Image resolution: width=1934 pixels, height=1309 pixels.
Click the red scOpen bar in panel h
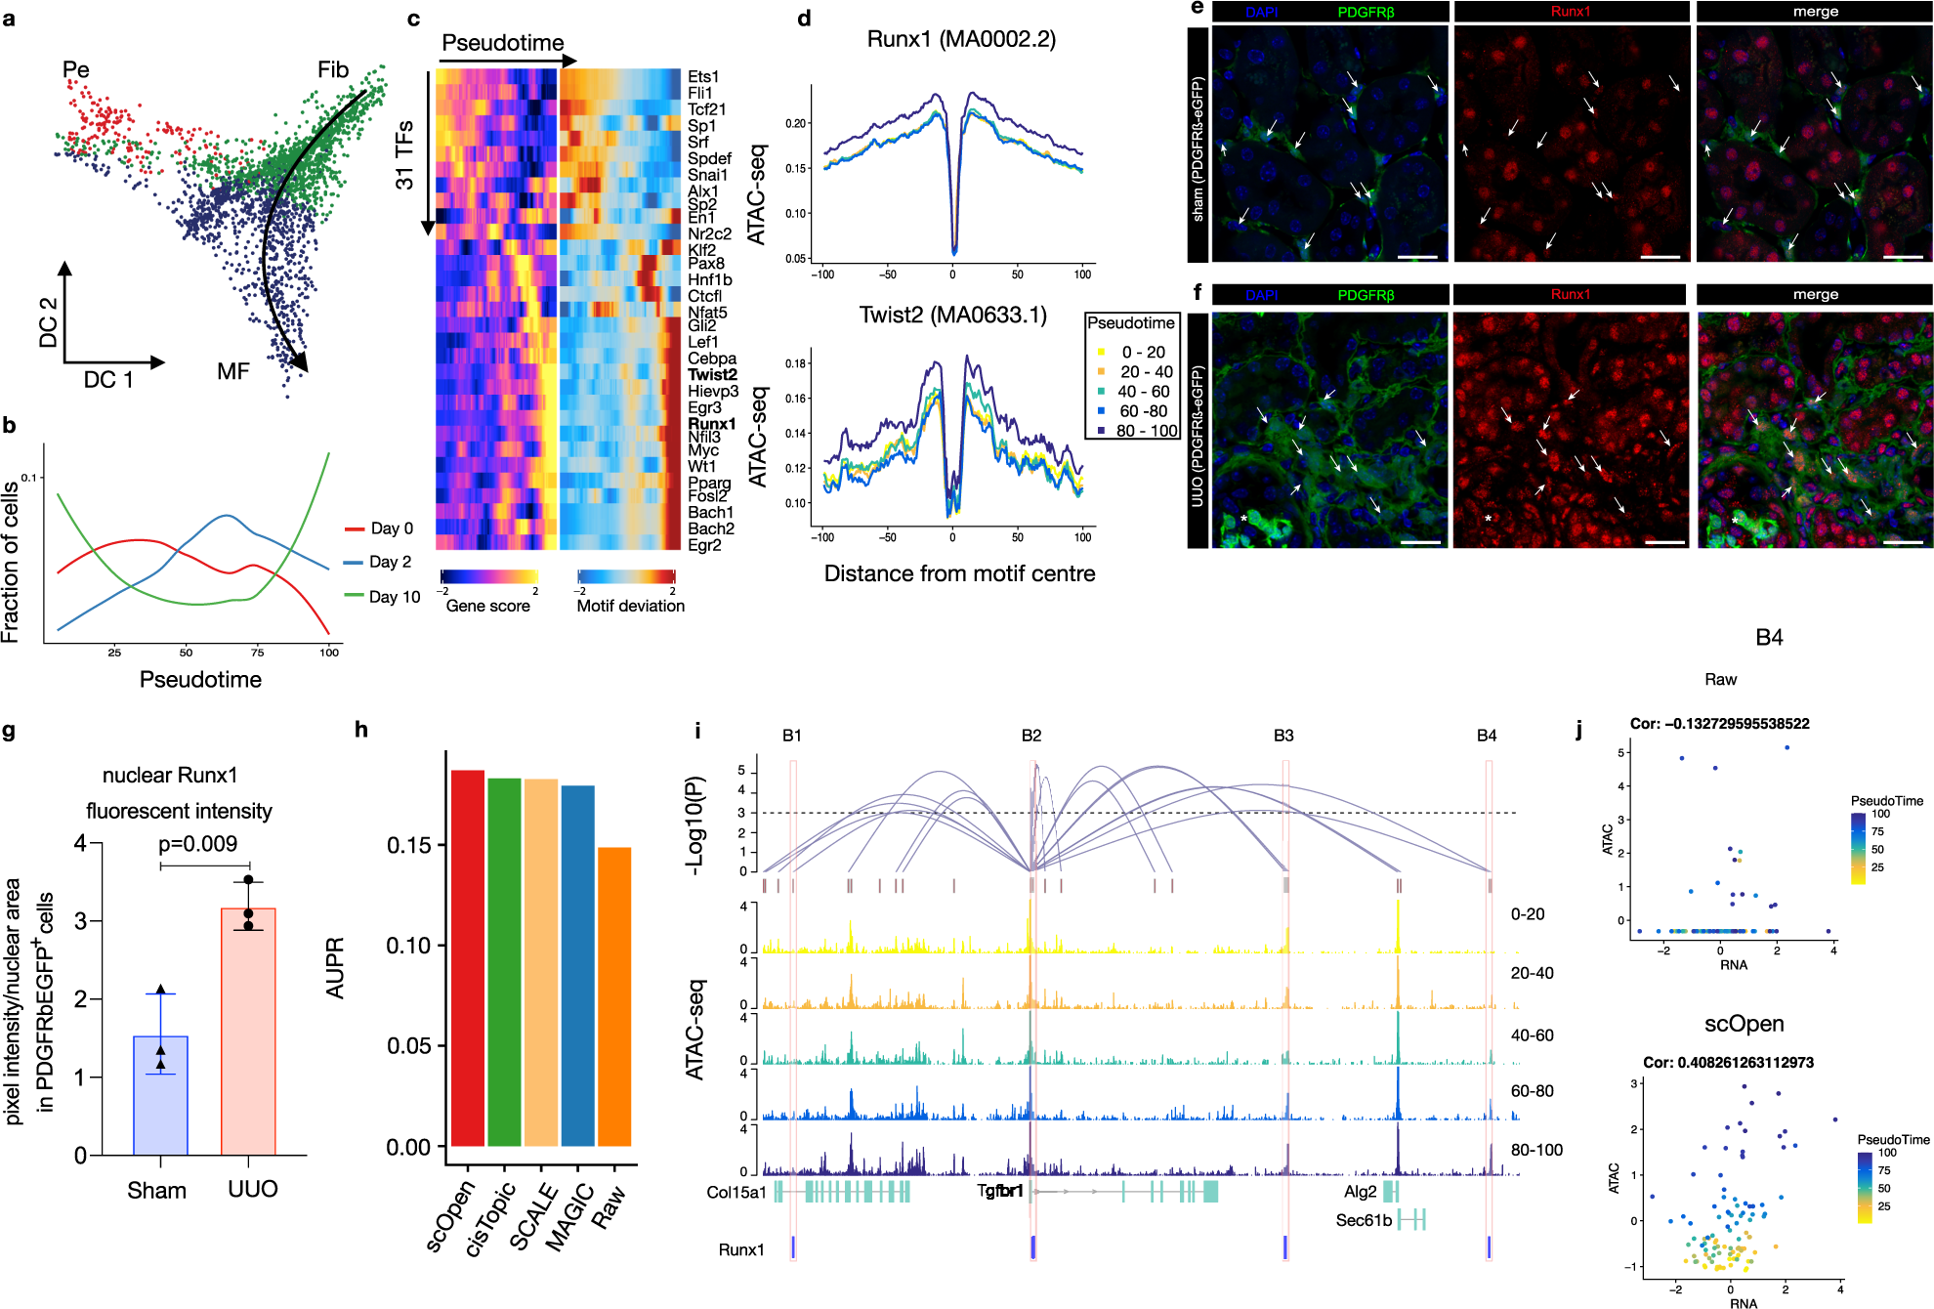468,957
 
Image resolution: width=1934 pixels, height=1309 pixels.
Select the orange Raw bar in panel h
614,996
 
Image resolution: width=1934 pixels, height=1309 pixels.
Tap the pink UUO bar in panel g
248,1032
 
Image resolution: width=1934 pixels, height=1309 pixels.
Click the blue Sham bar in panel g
160,1095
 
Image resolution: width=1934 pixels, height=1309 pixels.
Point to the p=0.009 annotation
197,844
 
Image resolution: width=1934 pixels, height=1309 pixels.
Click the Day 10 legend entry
394,597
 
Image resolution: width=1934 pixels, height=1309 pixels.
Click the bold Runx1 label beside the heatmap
711,424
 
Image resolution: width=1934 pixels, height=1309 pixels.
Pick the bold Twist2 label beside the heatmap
712,374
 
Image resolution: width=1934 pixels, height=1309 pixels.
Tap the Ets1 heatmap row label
702,76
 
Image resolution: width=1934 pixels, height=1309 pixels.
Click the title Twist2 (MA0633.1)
952,315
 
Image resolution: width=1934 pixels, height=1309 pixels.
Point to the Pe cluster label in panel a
76,69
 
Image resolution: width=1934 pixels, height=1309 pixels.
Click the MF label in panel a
233,371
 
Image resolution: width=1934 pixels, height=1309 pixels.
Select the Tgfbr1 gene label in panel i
999,1191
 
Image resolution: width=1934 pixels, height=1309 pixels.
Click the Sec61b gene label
1364,1220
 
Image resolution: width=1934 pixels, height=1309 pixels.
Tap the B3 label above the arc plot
1283,736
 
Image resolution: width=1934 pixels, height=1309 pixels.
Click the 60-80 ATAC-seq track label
1532,1091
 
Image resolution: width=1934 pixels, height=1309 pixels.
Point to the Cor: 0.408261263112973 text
1727,1062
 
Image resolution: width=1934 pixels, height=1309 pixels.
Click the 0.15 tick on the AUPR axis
408,845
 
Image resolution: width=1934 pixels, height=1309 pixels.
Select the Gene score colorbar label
487,606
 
